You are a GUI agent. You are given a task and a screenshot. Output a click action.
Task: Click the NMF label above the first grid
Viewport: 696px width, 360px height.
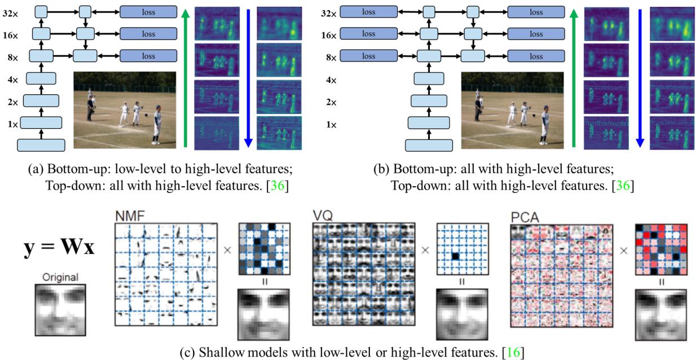pos(128,216)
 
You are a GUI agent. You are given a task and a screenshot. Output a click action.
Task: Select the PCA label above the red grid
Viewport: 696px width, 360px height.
pos(522,216)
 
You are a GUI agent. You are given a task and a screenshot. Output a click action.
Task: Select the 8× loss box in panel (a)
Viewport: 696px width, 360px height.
pos(148,56)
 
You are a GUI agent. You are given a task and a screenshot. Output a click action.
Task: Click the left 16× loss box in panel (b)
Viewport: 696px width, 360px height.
pos(368,34)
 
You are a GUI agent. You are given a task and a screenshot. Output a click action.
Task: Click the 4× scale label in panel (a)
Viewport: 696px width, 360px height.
pos(13,80)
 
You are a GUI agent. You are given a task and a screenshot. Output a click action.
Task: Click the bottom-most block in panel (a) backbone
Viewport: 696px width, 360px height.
pos(41,145)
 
